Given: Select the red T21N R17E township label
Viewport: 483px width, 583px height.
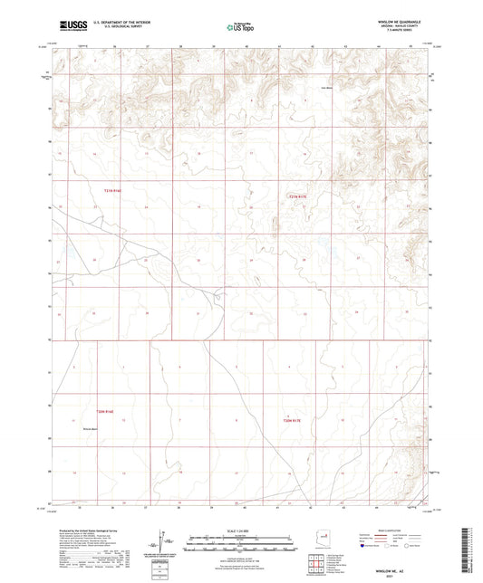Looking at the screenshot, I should (x=298, y=196).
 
